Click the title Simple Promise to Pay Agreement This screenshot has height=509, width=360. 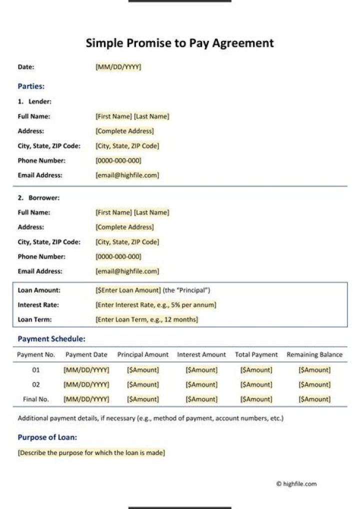coord(179,43)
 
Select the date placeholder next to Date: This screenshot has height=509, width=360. coord(118,67)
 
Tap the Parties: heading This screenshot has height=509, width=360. coord(31,86)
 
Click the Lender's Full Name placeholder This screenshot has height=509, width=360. coord(132,116)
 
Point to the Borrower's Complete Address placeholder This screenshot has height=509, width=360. coord(124,227)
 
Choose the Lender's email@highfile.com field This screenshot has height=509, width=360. coord(127,175)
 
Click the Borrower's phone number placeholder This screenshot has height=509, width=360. coord(118,256)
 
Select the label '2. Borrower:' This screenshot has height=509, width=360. coord(38,198)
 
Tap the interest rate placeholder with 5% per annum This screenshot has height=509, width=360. coord(155,305)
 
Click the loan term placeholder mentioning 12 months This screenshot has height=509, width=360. coord(146,319)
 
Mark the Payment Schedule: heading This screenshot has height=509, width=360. coord(51,339)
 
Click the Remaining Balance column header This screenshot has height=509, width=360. coord(314,354)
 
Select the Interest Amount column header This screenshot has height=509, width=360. coord(201,354)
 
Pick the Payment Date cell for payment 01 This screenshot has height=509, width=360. coord(86,370)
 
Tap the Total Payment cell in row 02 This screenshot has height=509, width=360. coord(256,384)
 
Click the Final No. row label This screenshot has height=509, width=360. coord(36,399)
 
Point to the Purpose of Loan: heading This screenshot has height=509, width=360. coord(47,437)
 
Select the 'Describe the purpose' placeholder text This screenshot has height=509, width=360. coord(91,453)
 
